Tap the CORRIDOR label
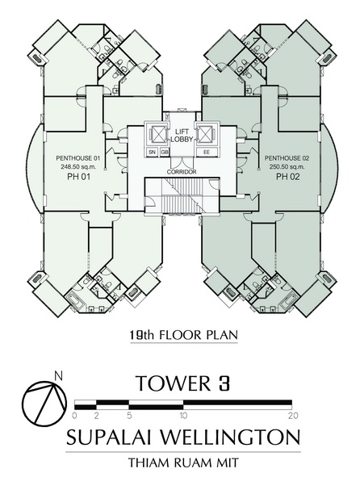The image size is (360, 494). coord(182,172)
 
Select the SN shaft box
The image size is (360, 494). coord(153,152)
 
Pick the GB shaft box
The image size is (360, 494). coord(165,152)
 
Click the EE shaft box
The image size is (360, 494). coord(207,152)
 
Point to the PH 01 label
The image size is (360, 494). coord(79,177)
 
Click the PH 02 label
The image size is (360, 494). coord(288,177)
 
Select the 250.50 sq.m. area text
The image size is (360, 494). coord(287,166)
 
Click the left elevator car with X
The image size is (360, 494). coord(157,135)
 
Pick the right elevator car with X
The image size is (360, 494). coord(206,135)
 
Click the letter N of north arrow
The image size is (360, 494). coord(58,375)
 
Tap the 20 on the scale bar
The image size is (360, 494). coord(293,416)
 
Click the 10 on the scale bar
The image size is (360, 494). coord(183,416)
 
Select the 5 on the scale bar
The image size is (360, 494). coord(129,416)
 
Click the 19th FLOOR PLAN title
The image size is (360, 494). coord(183,335)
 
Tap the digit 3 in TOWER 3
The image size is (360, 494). coord(224,383)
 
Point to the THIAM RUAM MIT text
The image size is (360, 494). coord(183,463)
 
